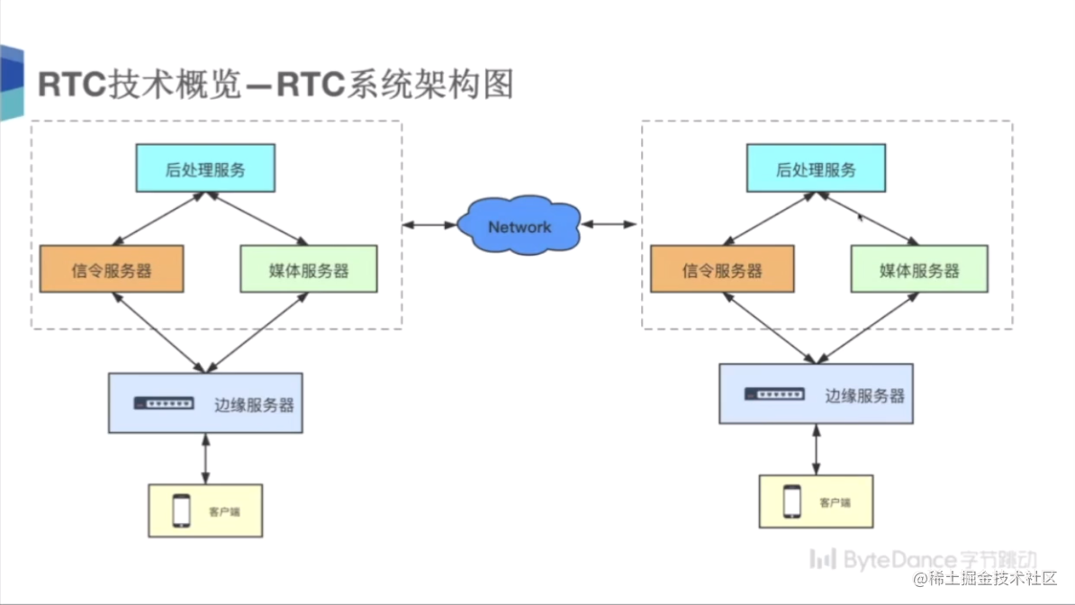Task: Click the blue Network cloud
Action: pyautogui.click(x=519, y=226)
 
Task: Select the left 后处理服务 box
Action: pyautogui.click(x=205, y=169)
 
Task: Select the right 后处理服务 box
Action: pyautogui.click(x=816, y=169)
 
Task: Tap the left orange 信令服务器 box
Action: pyautogui.click(x=112, y=269)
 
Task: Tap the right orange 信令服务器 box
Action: pyautogui.click(x=722, y=269)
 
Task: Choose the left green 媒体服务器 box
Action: pyautogui.click(x=309, y=269)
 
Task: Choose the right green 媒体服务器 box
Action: pyautogui.click(x=919, y=269)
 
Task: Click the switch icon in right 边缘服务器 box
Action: pyautogui.click(x=774, y=394)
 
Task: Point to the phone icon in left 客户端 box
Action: pyautogui.click(x=181, y=510)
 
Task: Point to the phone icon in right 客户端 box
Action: pyautogui.click(x=791, y=501)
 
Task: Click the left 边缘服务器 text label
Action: pyautogui.click(x=254, y=404)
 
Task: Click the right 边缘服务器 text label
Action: pyautogui.click(x=864, y=394)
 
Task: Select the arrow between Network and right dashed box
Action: pyautogui.click(x=609, y=224)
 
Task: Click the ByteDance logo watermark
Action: pyautogui.click(x=923, y=560)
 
